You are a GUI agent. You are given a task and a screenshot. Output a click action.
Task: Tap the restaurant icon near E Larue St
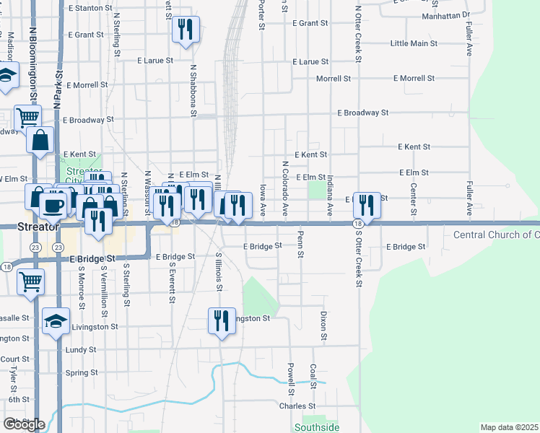point(186,30)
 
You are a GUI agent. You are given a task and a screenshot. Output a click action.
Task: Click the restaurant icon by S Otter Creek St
point(367,206)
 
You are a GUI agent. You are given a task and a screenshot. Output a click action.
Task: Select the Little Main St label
point(413,43)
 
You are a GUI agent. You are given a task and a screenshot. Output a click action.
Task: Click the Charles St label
point(294,406)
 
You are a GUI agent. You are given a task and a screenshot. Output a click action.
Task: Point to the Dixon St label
point(323,326)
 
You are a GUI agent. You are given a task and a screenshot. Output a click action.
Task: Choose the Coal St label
point(313,375)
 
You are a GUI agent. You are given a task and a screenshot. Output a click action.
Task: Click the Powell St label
point(290,380)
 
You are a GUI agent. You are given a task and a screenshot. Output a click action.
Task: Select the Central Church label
point(495,235)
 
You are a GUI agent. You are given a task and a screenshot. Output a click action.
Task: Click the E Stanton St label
point(89,8)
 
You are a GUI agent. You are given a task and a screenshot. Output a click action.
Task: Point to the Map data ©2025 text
point(508,427)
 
